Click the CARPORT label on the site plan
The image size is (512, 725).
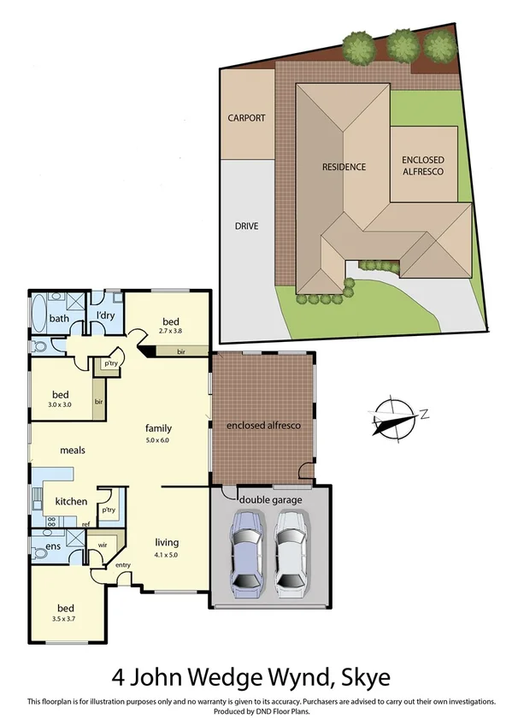pos(246,118)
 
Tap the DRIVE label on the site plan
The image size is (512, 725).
pos(246,227)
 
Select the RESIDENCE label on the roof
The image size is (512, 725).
pos(344,167)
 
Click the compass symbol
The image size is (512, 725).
pos(391,419)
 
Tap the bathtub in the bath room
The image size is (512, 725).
pos(39,319)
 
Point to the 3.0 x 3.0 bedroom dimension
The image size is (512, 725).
pos(65,406)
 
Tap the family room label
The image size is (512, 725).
pos(159,428)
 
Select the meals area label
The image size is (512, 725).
pos(74,450)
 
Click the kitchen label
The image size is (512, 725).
pos(71,501)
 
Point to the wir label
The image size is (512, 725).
pos(102,543)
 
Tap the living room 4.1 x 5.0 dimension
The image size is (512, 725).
pos(167,555)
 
